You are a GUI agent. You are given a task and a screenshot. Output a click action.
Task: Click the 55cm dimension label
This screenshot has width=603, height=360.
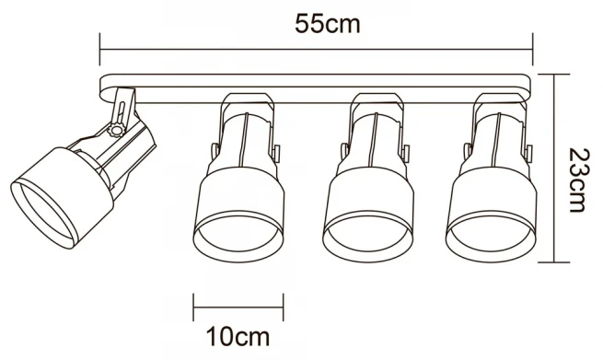pyautogui.click(x=327, y=24)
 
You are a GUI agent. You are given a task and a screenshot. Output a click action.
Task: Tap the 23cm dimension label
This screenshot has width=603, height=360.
pyautogui.click(x=578, y=180)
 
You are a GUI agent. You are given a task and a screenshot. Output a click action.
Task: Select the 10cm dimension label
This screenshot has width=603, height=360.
pyautogui.click(x=238, y=337)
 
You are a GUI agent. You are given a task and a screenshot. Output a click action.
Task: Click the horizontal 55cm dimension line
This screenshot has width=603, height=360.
pyautogui.click(x=316, y=49)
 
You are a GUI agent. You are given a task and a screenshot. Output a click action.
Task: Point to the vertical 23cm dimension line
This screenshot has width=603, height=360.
pyautogui.click(x=554, y=168)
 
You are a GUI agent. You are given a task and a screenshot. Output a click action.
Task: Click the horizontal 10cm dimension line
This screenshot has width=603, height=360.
pyautogui.click(x=238, y=308)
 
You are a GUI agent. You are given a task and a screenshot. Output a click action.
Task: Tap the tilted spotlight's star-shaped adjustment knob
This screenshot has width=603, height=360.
pyautogui.click(x=116, y=129)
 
